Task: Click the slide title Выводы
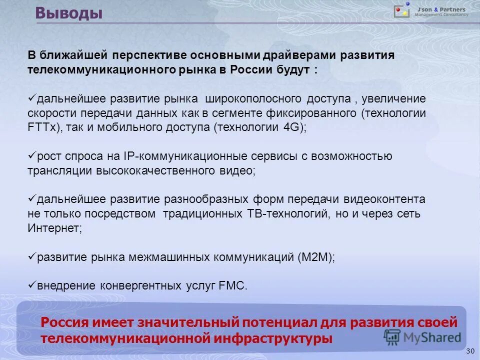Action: (69, 13)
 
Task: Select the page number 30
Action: (469, 351)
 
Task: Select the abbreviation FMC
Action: (232, 286)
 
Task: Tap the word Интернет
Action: (53, 228)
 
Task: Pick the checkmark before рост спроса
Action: (31, 156)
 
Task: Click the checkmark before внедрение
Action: (31, 285)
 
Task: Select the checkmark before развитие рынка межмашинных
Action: (31, 256)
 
